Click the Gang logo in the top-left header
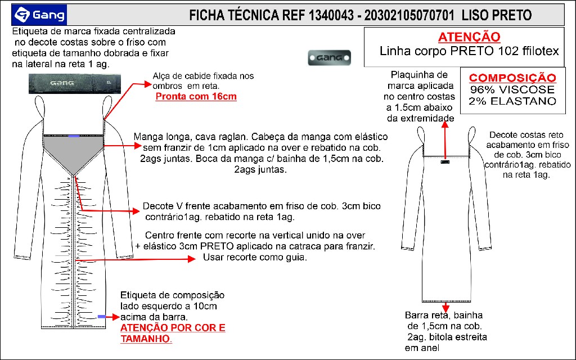40,13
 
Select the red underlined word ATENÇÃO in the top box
469,37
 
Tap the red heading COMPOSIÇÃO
512,78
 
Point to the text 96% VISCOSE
512,89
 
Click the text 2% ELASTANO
512,101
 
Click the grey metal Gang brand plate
330,57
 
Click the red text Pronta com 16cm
196,96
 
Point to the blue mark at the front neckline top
73,136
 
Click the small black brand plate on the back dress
445,163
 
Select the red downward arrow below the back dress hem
445,307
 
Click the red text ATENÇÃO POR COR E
173,328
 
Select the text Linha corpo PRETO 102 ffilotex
469,51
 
